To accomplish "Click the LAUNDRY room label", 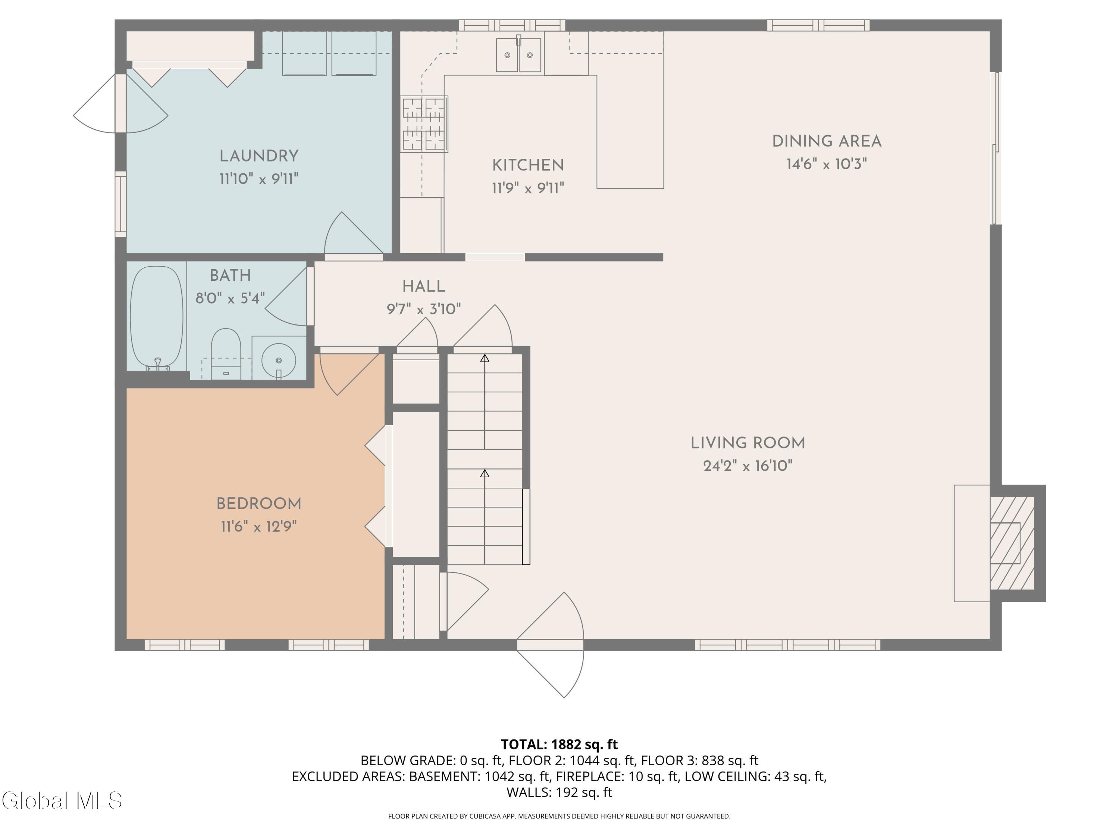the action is tap(259, 156).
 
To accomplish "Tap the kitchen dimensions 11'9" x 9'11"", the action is tap(528, 188).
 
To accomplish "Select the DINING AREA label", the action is tap(827, 141).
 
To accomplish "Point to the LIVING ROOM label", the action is tap(748, 443).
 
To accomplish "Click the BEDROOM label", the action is tap(259, 504).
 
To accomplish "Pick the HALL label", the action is tap(424, 286).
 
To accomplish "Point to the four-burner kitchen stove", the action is tap(424, 124).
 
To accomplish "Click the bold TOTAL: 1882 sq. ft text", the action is tap(559, 744).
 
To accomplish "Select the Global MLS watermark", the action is tap(62, 801).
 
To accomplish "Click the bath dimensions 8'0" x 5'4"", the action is tap(230, 298).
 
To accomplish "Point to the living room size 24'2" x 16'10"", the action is tap(748, 466).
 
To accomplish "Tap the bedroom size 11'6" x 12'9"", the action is tap(258, 527).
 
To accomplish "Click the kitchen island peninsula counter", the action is tap(630, 132).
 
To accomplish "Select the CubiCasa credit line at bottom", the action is tap(559, 816).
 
